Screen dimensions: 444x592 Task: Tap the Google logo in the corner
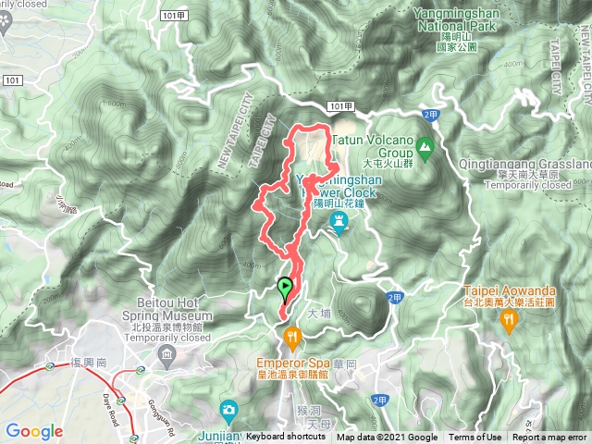tap(34, 431)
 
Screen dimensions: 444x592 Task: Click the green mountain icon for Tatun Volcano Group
tap(425, 146)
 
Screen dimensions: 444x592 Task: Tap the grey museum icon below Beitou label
tap(166, 355)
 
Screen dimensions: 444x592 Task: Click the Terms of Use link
tap(475, 438)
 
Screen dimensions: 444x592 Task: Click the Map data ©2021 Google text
tap(387, 438)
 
